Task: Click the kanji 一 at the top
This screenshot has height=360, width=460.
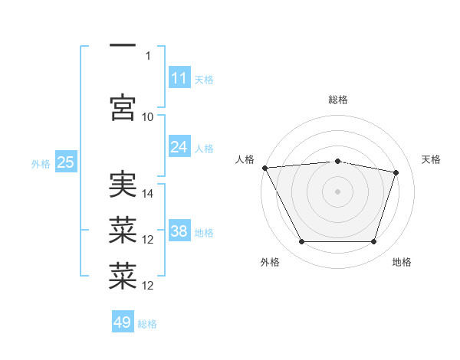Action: point(123,45)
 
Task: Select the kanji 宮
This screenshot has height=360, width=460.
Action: point(123,107)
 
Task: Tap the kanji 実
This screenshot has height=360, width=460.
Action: point(123,184)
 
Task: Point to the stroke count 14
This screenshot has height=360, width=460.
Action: point(147,194)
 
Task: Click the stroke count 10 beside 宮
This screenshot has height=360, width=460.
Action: point(147,117)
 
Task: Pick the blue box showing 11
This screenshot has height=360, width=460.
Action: point(179,77)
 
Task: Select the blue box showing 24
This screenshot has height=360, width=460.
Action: point(179,146)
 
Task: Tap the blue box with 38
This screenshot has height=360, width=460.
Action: point(179,230)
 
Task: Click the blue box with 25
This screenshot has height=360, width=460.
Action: point(66,161)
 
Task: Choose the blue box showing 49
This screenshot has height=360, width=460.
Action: point(123,321)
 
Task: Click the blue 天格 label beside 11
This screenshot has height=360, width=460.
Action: point(204,80)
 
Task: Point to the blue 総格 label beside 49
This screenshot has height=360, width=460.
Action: point(147,324)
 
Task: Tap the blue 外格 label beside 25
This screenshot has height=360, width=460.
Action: point(41,164)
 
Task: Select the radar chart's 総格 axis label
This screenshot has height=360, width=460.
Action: point(338,100)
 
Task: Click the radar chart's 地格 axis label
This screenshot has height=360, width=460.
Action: point(402,262)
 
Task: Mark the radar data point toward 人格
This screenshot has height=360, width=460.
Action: point(265,168)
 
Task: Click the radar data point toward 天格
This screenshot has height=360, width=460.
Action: point(396,172)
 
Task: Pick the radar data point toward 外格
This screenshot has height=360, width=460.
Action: point(302,241)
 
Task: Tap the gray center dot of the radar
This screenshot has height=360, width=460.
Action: point(337,191)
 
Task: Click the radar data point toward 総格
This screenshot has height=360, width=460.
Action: point(337,162)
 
